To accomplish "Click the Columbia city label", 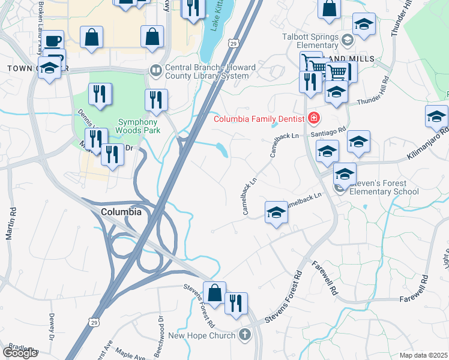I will tap(121, 212).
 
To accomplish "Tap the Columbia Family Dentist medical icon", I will tap(313, 118).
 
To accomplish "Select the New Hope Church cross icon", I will tap(244, 335).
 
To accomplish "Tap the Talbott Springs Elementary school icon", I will tap(347, 41).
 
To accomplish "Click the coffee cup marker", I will tap(53, 41).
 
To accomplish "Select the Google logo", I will tap(20, 353).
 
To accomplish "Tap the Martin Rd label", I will tap(10, 224).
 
